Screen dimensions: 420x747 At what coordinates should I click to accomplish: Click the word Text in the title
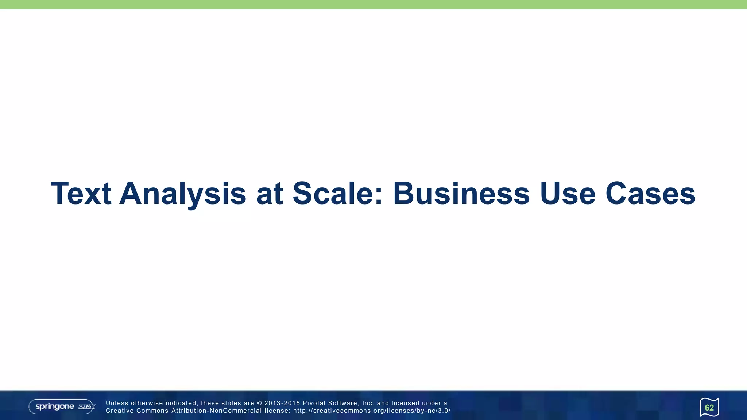coord(81,194)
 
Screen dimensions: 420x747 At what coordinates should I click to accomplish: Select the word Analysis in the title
coord(183,194)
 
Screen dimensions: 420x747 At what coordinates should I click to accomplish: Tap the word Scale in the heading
coord(338,194)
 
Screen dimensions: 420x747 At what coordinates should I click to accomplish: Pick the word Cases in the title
coord(650,194)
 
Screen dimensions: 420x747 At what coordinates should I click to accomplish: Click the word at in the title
coord(270,194)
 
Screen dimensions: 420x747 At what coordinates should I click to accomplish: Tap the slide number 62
coord(709,408)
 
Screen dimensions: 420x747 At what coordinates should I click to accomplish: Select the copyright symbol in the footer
coord(259,403)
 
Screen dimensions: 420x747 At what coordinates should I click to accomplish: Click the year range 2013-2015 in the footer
coord(282,403)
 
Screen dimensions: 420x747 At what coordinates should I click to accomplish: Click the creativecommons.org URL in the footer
coord(372,411)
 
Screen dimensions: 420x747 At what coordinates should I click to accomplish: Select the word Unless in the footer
coord(117,403)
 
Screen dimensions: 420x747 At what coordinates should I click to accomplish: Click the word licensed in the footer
coord(405,403)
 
